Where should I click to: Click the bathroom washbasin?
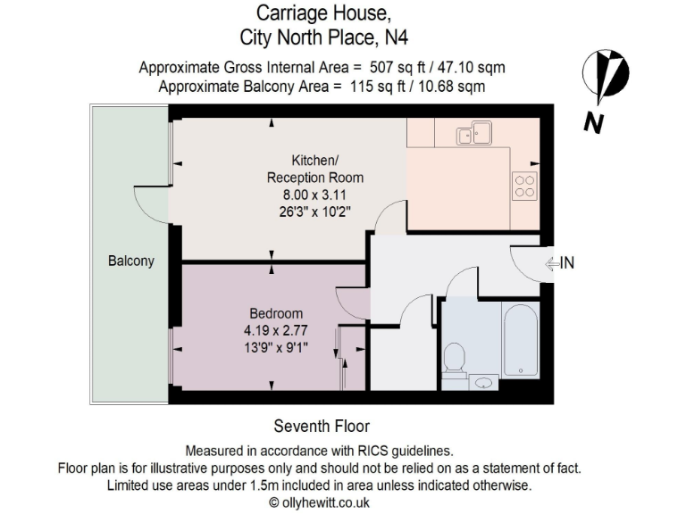point(484,382)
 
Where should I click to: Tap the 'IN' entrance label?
point(567,262)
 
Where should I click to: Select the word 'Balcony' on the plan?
point(131,261)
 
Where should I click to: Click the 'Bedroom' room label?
point(275,314)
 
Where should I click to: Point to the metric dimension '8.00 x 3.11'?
point(314,195)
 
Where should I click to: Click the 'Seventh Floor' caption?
point(321,426)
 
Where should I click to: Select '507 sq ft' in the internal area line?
point(396,67)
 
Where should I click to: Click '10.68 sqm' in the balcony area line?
point(446,86)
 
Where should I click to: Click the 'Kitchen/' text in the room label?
point(315,161)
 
